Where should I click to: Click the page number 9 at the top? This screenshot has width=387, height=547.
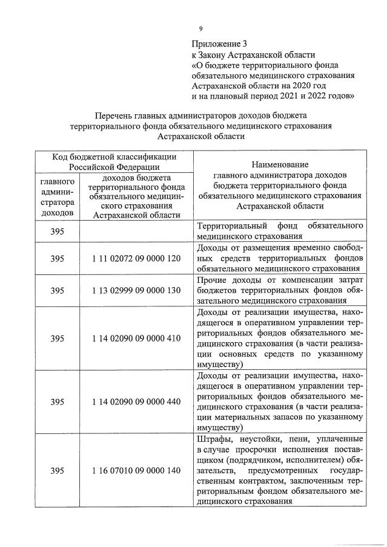[200, 28]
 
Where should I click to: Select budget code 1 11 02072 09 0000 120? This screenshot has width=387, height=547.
[137, 259]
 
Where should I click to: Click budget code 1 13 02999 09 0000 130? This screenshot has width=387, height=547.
[137, 291]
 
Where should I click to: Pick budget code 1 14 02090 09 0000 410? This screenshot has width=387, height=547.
[137, 338]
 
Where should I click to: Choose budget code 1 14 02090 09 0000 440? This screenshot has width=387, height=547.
[137, 401]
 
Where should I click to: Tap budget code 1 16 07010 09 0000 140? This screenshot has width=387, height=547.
[137, 470]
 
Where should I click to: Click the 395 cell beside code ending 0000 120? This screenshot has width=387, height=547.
[58, 259]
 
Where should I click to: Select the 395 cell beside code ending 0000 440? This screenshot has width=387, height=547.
[58, 401]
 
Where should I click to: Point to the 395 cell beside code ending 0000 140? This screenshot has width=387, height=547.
[58, 470]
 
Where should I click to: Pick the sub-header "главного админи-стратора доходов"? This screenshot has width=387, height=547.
[58, 196]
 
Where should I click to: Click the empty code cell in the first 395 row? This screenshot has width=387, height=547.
[137, 231]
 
